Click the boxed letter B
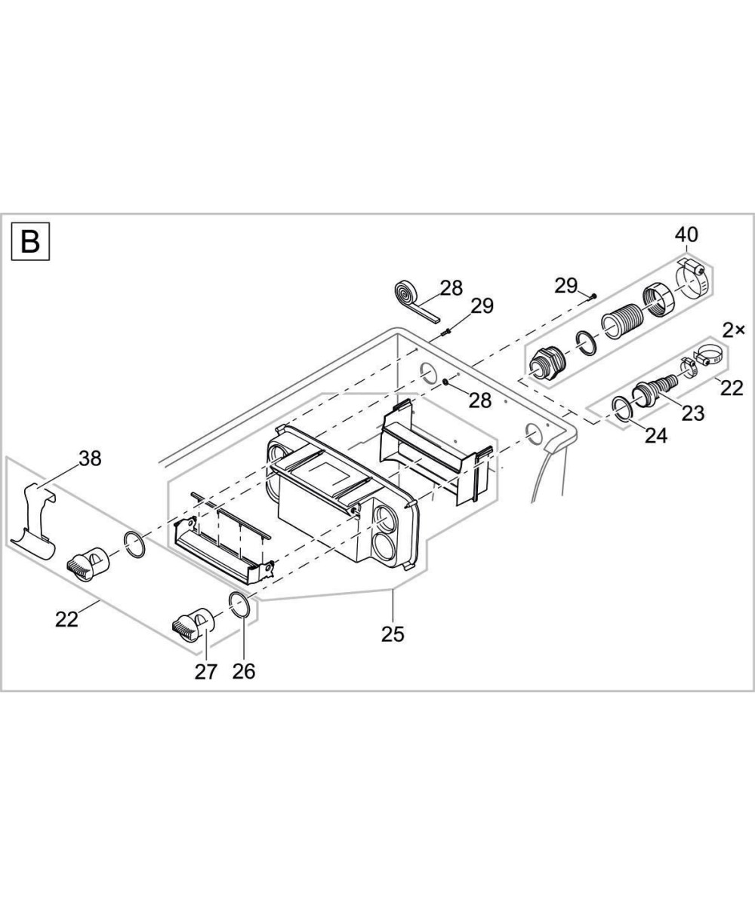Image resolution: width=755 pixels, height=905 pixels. coord(31,242)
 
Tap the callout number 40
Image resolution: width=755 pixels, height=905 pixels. coord(687,235)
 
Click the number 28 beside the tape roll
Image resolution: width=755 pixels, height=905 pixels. coord(451,287)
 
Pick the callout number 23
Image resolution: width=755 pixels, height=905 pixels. coord(693,413)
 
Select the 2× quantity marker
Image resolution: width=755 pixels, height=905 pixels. coord(733,330)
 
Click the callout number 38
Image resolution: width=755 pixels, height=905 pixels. coord(90,458)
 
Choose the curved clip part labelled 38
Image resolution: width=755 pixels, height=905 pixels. coord(34,520)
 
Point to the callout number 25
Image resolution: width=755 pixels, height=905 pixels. coord(393,633)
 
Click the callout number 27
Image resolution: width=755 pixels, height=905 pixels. coord(205,671)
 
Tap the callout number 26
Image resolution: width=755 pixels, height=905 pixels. coord(244,671)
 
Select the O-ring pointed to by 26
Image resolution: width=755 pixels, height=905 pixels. coord(239,605)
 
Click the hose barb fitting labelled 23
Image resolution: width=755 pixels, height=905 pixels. coord(653,390)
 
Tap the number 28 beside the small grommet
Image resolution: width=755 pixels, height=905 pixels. coord(480,400)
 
